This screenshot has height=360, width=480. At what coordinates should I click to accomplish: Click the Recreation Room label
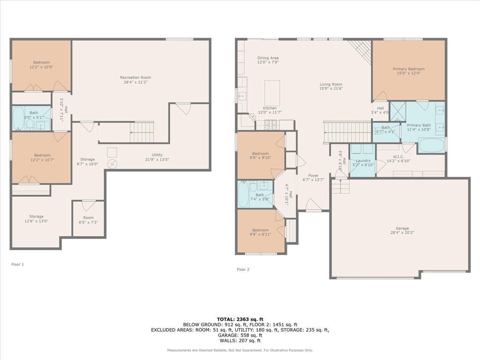[x=135, y=80]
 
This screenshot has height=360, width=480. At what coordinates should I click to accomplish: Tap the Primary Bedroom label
[x=409, y=71]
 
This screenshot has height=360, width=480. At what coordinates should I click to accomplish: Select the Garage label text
[x=402, y=230]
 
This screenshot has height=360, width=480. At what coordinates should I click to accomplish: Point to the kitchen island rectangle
[x=272, y=93]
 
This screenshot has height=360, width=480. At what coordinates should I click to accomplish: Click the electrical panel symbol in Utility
[x=112, y=165]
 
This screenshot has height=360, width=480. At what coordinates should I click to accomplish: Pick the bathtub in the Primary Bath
[x=432, y=145]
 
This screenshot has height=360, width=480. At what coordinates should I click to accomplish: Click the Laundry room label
[x=363, y=163]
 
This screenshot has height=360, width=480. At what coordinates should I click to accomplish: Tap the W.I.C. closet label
[x=398, y=158]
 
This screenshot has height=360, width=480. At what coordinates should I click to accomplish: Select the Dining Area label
[x=268, y=60]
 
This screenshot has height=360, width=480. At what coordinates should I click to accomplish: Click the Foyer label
[x=313, y=178]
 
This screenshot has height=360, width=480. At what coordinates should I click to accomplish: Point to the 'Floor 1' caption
[x=17, y=264]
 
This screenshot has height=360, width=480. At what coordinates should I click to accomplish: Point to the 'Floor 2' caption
[x=243, y=270]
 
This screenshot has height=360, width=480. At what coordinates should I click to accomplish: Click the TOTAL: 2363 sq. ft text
[x=240, y=319]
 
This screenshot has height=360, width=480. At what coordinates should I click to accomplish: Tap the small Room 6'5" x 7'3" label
[x=88, y=220]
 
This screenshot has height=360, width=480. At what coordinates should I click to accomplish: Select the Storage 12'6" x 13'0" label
[x=36, y=218]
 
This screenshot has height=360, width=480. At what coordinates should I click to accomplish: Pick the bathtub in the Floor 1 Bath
[x=18, y=118]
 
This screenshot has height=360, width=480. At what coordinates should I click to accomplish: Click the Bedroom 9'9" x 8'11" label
[x=260, y=232]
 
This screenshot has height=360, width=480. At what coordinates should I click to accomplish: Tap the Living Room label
[x=331, y=86]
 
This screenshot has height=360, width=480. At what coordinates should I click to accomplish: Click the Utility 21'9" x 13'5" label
[x=157, y=157]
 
